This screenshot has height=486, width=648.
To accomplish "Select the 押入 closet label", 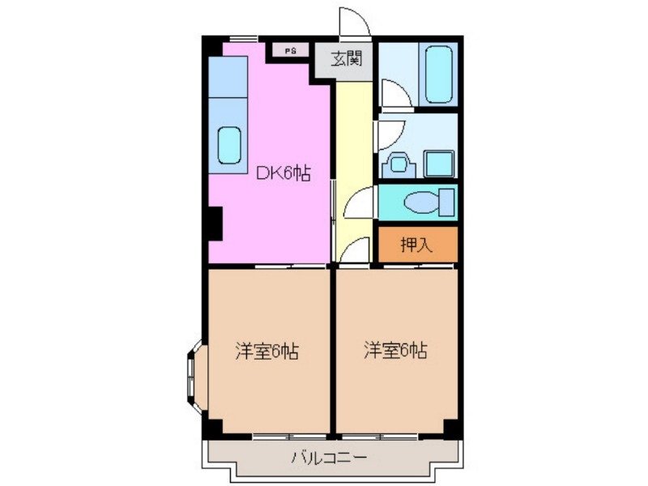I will pyautogui.click(x=416, y=245).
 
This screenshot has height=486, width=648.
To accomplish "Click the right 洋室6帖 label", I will pyautogui.click(x=394, y=351).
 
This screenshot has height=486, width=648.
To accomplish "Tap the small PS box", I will pyautogui.click(x=290, y=50).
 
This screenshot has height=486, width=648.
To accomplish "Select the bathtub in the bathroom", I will pyautogui.click(x=437, y=73).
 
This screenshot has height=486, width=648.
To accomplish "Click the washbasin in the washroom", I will pyautogui.click(x=399, y=165).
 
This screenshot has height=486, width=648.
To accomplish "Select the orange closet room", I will pyautogui.click(x=416, y=245).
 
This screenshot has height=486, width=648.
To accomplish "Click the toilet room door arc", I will pyautogui.click(x=358, y=202).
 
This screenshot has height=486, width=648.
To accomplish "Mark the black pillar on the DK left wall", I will pyautogui.click(x=213, y=223).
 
